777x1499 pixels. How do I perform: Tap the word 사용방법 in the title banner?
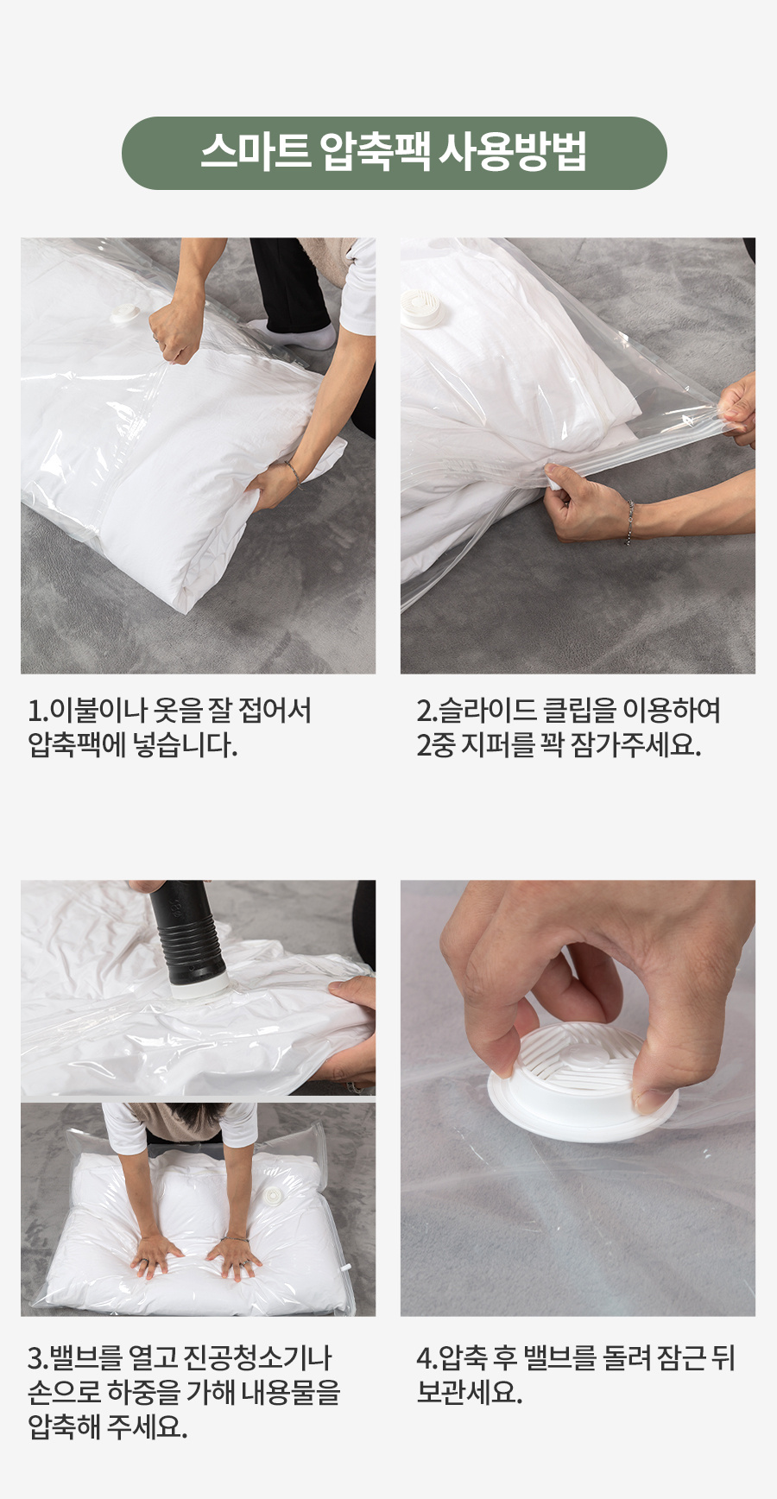[513, 152]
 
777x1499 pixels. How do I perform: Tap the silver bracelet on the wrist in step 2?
[629, 522]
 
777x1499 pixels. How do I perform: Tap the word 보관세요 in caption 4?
[469, 1393]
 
